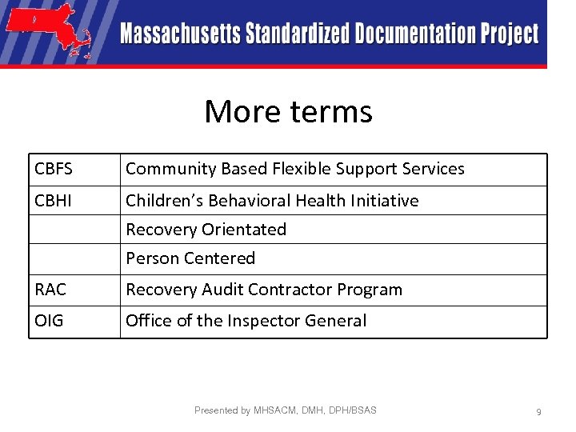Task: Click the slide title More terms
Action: (288, 111)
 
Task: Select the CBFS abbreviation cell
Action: (54, 169)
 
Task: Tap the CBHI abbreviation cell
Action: (54, 200)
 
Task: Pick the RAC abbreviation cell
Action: (51, 290)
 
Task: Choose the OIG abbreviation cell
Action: (50, 321)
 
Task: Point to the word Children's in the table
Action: (159, 200)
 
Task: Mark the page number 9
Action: (538, 411)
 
